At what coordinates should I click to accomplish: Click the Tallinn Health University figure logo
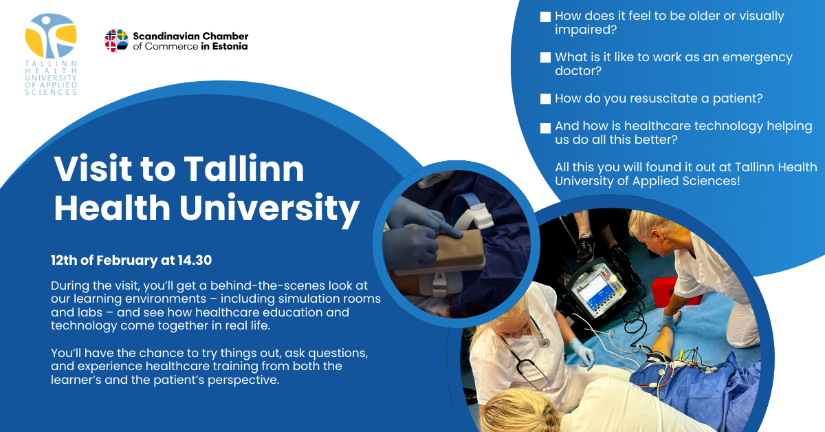tap(50, 36)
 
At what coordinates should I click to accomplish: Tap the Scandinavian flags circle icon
tap(116, 41)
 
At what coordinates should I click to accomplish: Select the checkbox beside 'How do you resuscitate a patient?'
tap(545, 99)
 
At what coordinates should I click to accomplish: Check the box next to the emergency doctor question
tap(545, 58)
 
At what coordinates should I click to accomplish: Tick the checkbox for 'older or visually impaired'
tap(545, 17)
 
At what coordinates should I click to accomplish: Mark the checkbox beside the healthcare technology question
tap(545, 128)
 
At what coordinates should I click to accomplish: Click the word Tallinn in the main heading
tap(244, 169)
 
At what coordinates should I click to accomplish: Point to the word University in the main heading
tap(269, 209)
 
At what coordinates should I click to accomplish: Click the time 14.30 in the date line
tap(195, 260)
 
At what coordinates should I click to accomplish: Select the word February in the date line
tap(126, 261)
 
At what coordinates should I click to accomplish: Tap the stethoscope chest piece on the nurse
tap(544, 343)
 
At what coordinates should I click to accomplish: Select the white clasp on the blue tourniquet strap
tap(483, 217)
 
